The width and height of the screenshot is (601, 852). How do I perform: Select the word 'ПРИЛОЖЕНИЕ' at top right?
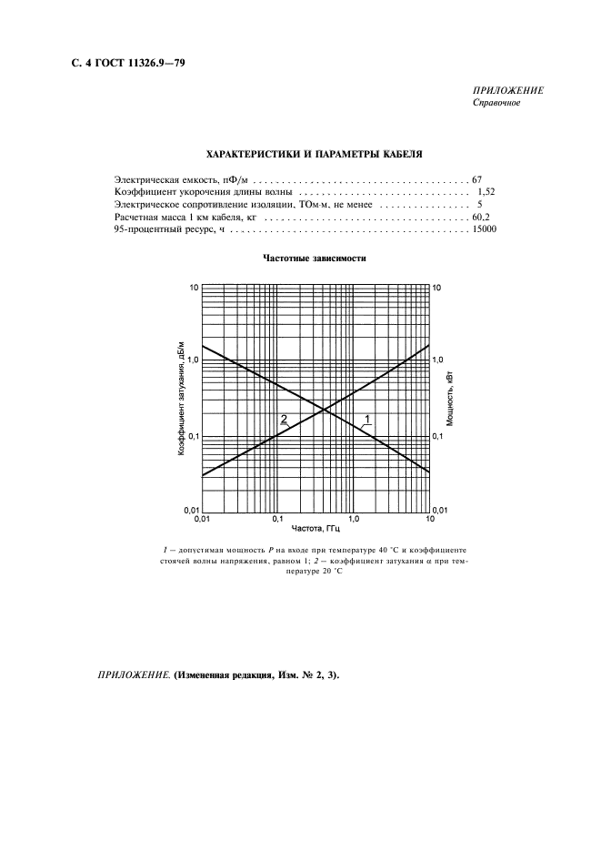click(508, 91)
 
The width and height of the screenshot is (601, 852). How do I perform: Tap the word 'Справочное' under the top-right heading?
click(496, 103)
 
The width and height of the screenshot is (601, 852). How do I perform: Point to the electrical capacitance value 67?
click(476, 179)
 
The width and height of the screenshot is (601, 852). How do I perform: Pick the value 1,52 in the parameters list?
click(485, 192)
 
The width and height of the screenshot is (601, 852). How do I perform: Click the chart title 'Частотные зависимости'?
click(315, 258)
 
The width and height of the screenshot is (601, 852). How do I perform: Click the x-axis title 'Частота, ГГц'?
click(316, 528)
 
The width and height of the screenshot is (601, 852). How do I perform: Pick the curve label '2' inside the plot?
click(284, 420)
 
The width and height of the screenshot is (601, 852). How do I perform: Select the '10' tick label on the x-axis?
click(429, 518)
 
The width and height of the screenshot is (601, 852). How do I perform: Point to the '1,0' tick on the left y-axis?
click(191, 360)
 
